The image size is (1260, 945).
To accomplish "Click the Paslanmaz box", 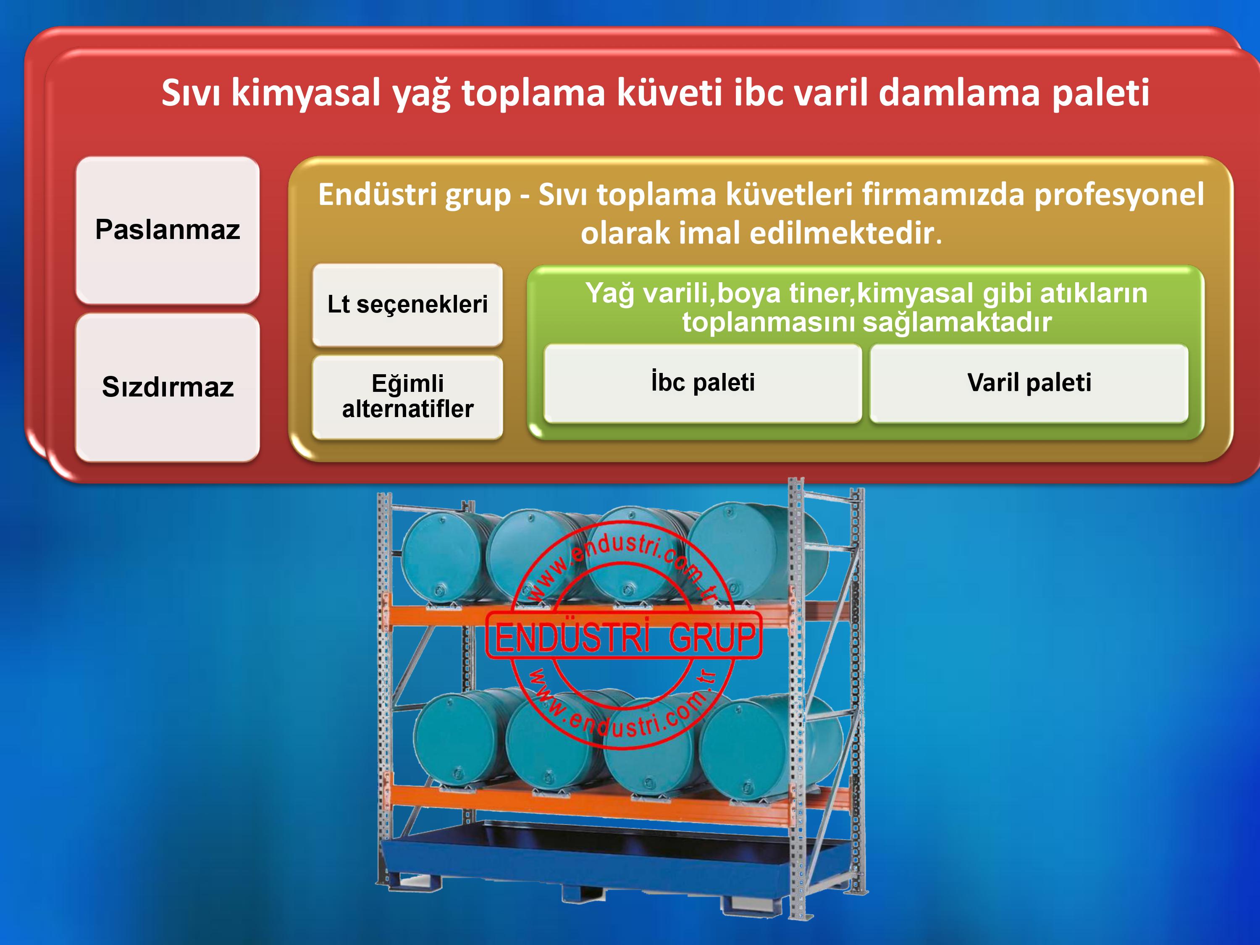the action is [x=168, y=230].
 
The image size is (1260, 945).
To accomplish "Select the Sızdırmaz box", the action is [x=168, y=387].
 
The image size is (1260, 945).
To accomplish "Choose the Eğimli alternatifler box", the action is [x=407, y=396].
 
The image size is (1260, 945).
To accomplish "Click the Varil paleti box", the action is [x=1029, y=383].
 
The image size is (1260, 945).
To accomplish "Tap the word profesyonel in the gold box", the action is [x=1119, y=195].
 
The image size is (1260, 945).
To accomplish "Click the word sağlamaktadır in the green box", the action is [x=957, y=323].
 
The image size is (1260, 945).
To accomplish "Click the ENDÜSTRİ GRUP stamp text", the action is [x=624, y=637].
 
